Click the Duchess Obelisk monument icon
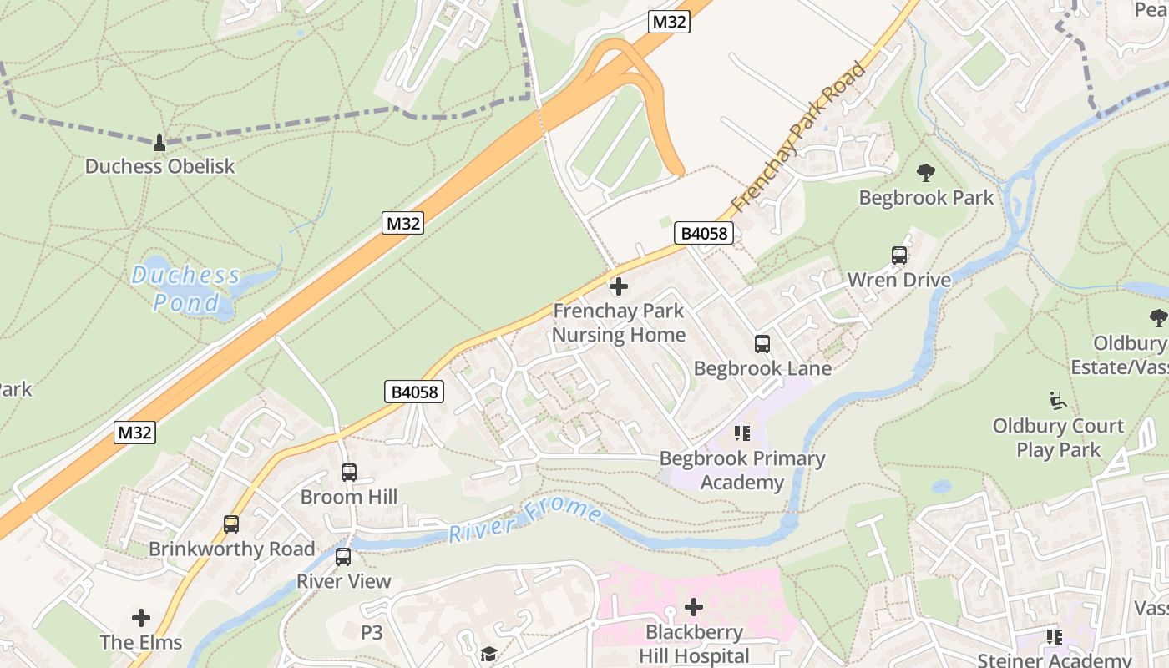pos(159,143)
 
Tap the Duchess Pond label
pos(185,288)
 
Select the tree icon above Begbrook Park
pos(925,173)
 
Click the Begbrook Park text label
pos(926,198)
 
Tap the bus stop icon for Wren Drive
pos(899,256)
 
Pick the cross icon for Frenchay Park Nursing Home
pos(618,286)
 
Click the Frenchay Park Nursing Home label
pos(619,323)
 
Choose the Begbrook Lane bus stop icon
pos(762,343)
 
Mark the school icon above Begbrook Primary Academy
pos(741,433)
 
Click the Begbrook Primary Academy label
pos(741,470)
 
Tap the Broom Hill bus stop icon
pos(349,473)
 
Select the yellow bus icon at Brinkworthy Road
pos(231,524)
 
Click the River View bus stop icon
pos(343,557)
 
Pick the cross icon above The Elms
pos(141,618)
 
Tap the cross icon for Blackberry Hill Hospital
pos(694,607)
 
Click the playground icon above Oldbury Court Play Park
pos(1058,401)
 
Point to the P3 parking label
pos(372,633)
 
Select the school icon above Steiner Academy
pos(1055,637)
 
